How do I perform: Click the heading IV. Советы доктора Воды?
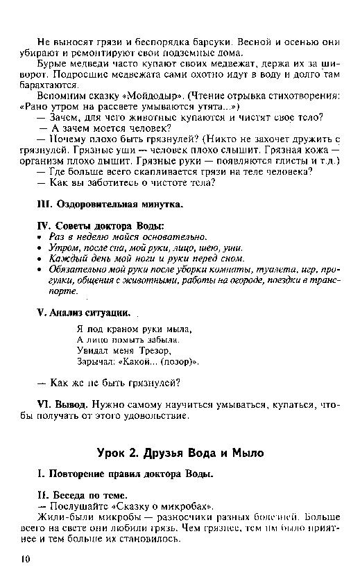click(101, 226)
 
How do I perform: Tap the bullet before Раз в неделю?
click(40, 237)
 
